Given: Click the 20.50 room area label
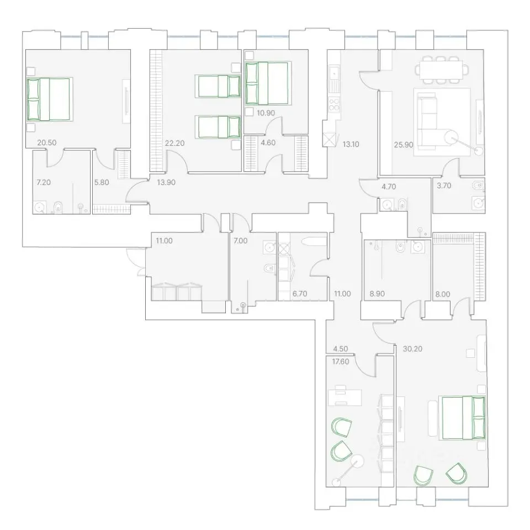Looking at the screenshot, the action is (46, 142).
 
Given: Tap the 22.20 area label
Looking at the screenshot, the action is (175, 143).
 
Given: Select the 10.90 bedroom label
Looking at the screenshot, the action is (266, 113).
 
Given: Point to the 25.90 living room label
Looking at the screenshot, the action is (404, 145).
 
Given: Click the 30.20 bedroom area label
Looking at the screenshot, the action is (412, 349).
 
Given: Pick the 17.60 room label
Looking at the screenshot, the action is (341, 362).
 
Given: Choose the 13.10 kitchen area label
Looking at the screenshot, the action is (351, 144).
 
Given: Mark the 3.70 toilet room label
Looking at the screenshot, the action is (444, 185).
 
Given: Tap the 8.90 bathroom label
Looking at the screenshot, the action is (377, 294).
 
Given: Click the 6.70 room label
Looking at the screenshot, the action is (300, 294).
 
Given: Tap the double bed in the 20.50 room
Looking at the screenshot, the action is (49, 99).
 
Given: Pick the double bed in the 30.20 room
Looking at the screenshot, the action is (463, 418).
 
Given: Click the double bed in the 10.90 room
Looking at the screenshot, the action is (267, 83).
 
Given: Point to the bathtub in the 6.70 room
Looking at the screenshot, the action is (314, 241).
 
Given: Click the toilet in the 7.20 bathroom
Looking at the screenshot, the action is (58, 207).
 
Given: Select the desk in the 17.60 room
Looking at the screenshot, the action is (344, 397).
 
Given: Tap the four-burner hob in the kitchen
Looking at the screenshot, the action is (334, 104).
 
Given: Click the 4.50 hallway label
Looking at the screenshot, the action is (341, 349).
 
